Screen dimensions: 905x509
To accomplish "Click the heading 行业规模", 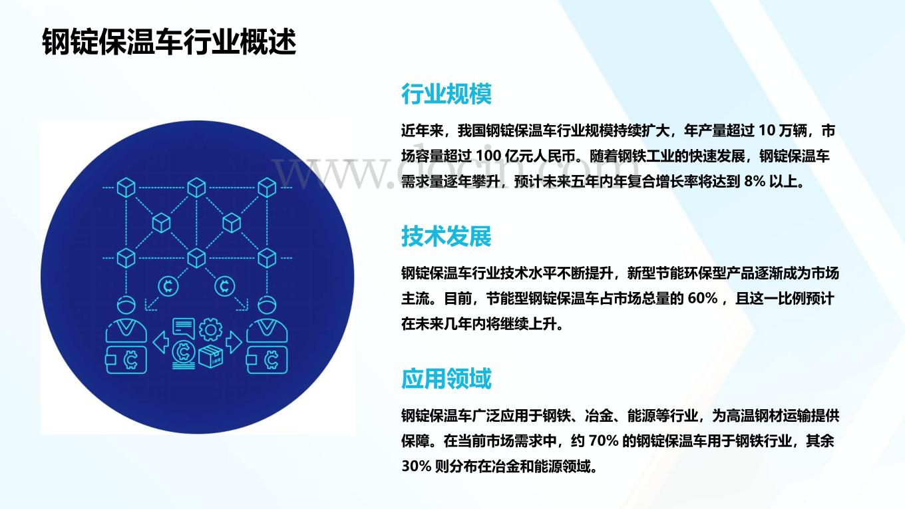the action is (x=446, y=94).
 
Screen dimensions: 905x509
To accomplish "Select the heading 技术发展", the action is (x=446, y=236).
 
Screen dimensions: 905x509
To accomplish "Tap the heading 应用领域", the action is (x=446, y=379).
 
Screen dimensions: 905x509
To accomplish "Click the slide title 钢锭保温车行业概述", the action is (x=169, y=41).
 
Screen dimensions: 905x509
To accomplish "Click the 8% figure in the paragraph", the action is (x=755, y=182).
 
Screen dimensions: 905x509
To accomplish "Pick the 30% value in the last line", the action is (x=416, y=466).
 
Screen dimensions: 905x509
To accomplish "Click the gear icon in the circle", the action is (x=210, y=329).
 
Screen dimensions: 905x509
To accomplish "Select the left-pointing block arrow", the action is (x=161, y=343).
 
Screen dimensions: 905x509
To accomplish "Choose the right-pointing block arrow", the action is (x=234, y=343).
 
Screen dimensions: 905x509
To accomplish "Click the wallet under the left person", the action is (x=126, y=359).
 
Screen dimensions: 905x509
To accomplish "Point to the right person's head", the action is (x=267, y=305).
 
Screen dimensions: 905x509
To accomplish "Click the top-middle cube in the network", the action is (x=197, y=188).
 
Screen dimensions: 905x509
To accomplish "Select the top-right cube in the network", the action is (x=267, y=188).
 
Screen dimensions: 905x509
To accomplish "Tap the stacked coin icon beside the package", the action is (x=184, y=355).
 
